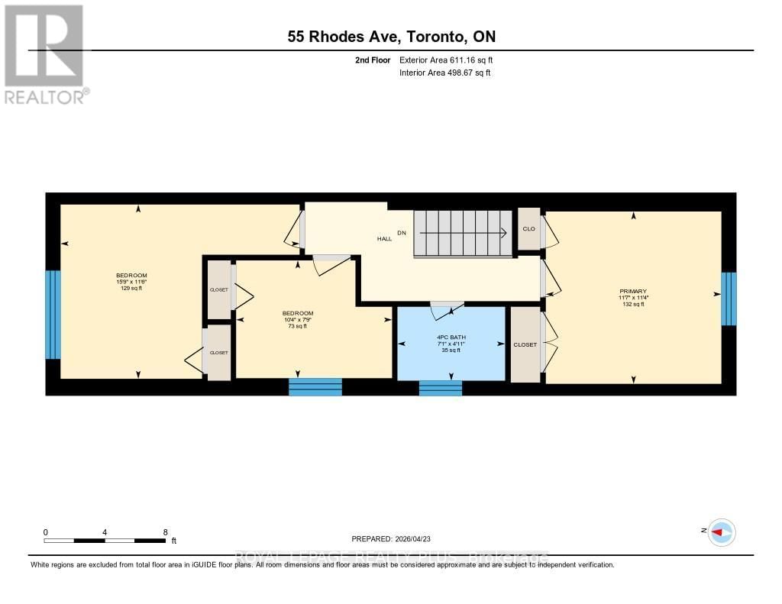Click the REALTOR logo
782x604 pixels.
[45, 53]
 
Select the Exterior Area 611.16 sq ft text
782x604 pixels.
[451, 60]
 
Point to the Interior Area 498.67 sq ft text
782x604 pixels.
[444, 73]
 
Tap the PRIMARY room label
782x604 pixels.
[633, 291]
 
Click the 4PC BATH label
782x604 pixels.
[451, 337]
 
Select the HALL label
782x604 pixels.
[384, 239]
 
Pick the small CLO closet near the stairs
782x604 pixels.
[528, 228]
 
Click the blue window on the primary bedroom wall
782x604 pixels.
[729, 298]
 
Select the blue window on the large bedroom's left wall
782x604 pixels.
[53, 314]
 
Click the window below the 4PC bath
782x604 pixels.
[441, 388]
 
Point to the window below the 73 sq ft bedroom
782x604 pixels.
[315, 387]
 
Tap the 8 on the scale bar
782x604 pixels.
[165, 531]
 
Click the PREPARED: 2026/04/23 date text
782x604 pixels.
[396, 538]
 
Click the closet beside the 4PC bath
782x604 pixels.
[525, 344]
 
